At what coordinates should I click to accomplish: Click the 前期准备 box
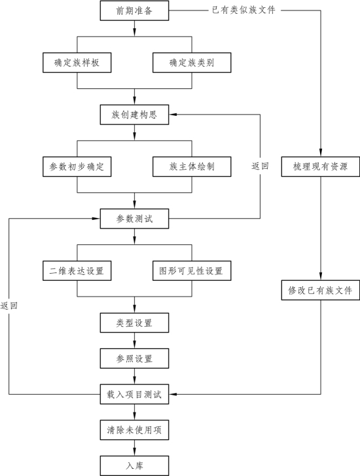[134, 10]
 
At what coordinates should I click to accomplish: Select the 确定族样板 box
[77, 63]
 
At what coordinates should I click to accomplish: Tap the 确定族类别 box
[192, 63]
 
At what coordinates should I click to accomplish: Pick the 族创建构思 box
[134, 115]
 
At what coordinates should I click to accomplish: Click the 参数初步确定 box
[77, 167]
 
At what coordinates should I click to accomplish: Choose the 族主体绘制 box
[192, 167]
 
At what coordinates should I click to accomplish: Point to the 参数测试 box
[134, 219]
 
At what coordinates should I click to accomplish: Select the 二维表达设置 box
[77, 270]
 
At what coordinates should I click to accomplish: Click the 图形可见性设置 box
[192, 270]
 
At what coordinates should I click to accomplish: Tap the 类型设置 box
[134, 323]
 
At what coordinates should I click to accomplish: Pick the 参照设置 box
[134, 359]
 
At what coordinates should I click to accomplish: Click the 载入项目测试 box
[134, 394]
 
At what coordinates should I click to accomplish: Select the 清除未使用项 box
[134, 430]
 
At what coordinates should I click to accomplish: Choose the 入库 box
[134, 466]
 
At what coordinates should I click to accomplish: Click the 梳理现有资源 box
[321, 167]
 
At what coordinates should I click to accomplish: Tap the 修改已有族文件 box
[321, 290]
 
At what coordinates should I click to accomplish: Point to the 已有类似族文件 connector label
[243, 10]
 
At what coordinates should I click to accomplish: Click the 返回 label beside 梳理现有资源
[260, 166]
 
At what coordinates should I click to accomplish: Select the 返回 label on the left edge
[9, 305]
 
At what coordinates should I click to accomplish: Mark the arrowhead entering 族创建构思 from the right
[173, 115]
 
